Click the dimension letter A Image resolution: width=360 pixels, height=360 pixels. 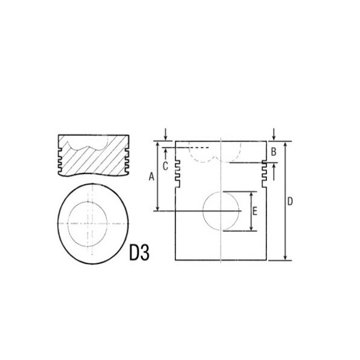(x=151, y=176)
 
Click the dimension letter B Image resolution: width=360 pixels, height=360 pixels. (x=274, y=152)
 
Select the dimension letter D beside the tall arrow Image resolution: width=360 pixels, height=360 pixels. (x=290, y=202)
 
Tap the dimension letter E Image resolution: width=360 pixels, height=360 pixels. (x=256, y=211)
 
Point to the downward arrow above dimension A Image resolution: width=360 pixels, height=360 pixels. (x=166, y=134)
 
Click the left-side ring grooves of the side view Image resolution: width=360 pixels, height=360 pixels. (x=178, y=172)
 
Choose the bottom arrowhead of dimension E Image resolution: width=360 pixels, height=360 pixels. (x=250, y=229)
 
